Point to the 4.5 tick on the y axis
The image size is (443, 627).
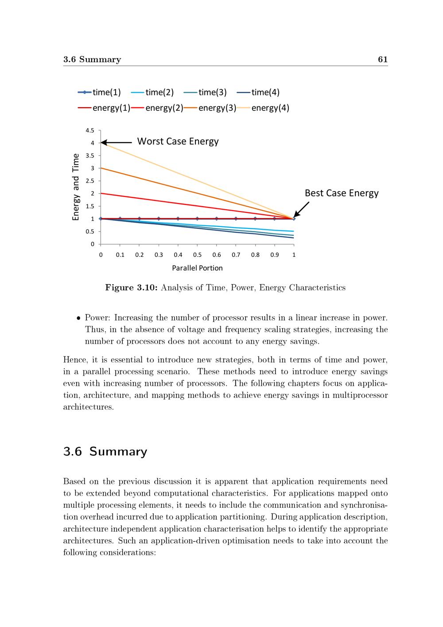pyautogui.click(x=90, y=130)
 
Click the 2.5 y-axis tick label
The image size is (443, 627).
pyautogui.click(x=90, y=181)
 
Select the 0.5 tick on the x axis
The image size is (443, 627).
pyautogui.click(x=197, y=255)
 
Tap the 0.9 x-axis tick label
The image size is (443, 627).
pyautogui.click(x=275, y=255)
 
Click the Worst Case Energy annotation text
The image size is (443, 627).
pyautogui.click(x=178, y=141)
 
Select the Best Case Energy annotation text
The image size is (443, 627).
pyautogui.click(x=342, y=193)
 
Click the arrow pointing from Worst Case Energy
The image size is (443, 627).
pyautogui.click(x=116, y=142)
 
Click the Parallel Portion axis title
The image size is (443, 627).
pyautogui.click(x=197, y=268)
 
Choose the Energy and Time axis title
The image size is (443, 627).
pyautogui.click(x=76, y=187)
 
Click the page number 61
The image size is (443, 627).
pyautogui.click(x=383, y=59)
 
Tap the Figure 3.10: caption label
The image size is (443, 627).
pyautogui.click(x=131, y=288)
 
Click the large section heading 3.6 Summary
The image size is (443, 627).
pyautogui.click(x=105, y=451)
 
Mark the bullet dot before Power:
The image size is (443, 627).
pyautogui.click(x=78, y=318)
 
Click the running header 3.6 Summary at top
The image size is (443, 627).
pyautogui.click(x=92, y=59)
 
